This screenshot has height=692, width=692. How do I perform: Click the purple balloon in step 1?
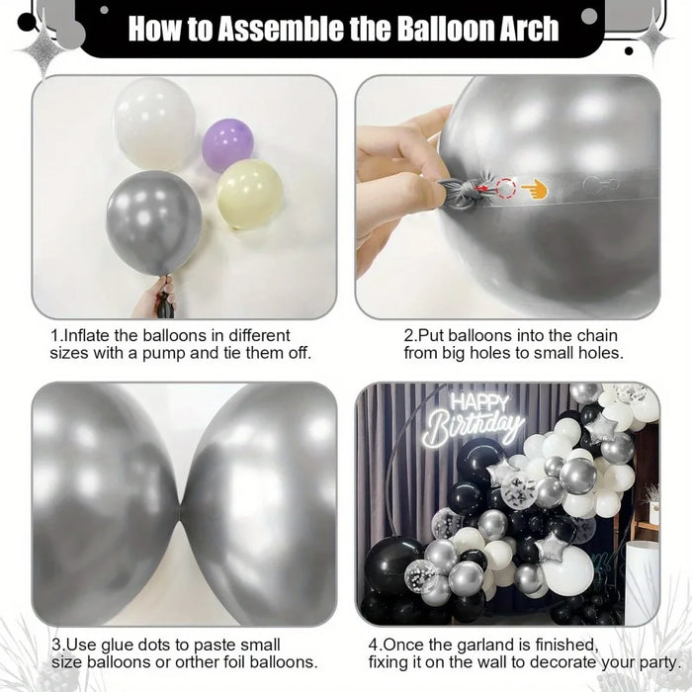tap(227, 145)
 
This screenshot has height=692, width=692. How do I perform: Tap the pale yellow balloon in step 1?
tap(250, 194)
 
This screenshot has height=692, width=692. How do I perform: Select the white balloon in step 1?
tap(154, 124)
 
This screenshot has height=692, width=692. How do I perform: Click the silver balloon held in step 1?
tap(154, 222)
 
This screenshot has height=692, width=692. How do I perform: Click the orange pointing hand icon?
tap(535, 186)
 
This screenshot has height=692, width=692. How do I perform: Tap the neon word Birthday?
tap(475, 428)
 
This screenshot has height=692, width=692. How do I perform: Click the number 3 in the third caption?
tap(55, 644)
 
